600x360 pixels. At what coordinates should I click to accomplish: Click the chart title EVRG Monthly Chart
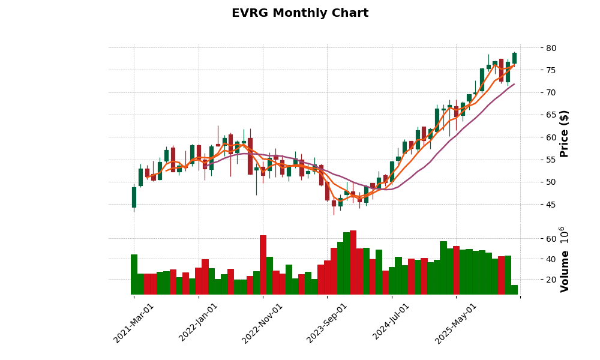pos(300,13)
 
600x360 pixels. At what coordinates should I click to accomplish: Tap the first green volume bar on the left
pos(134,274)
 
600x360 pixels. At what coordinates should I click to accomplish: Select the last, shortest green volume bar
pos(514,290)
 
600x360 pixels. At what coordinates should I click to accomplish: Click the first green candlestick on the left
pos(134,197)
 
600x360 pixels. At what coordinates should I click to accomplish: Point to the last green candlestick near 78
pos(514,58)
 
